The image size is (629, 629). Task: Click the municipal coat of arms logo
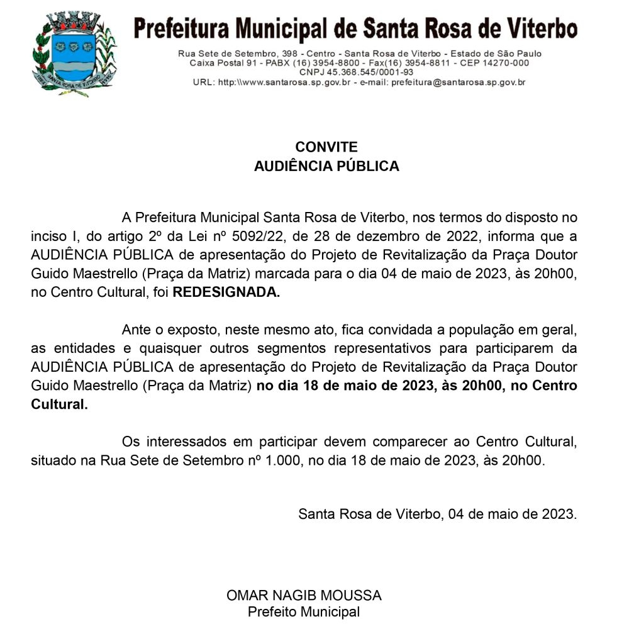coord(74,55)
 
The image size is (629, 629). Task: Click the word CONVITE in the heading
coord(326,147)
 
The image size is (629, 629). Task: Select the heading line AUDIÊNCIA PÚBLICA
coord(326,167)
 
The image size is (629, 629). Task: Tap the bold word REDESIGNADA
coord(226,292)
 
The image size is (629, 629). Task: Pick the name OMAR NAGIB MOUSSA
coord(304,595)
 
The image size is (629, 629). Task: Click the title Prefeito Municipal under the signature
coord(304,612)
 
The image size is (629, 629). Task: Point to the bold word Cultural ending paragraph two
coord(59,404)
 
